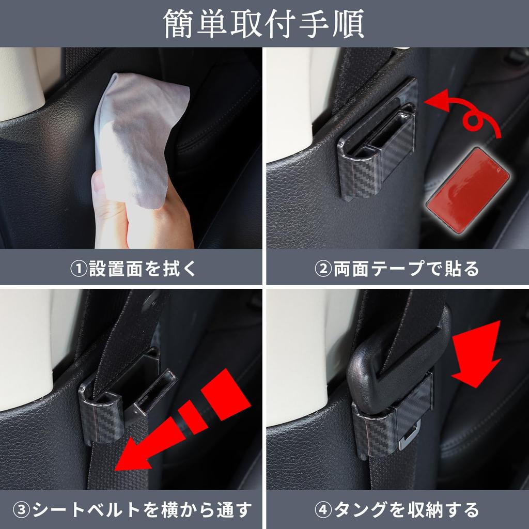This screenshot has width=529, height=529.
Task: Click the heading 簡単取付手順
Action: (264, 23)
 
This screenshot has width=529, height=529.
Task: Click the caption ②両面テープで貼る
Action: (397, 269)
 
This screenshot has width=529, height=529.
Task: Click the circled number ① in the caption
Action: (79, 269)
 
